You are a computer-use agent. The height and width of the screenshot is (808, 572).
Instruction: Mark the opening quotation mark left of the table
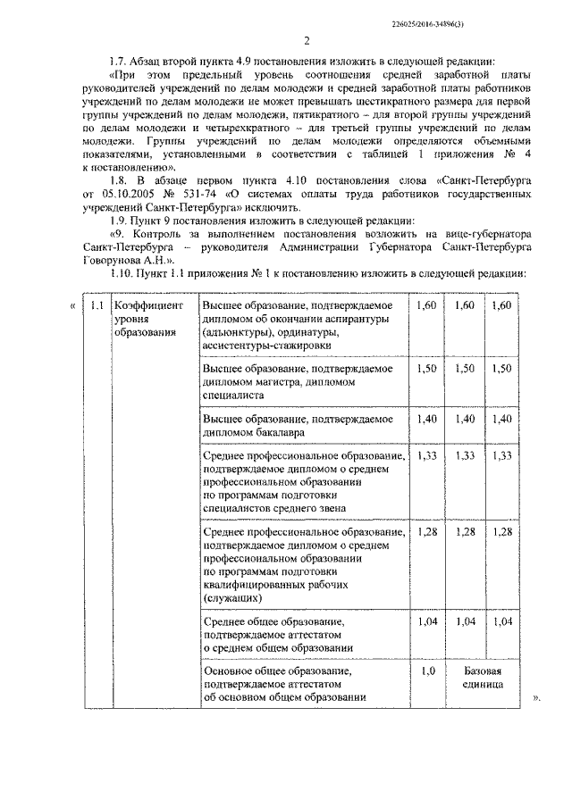coord(71,306)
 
